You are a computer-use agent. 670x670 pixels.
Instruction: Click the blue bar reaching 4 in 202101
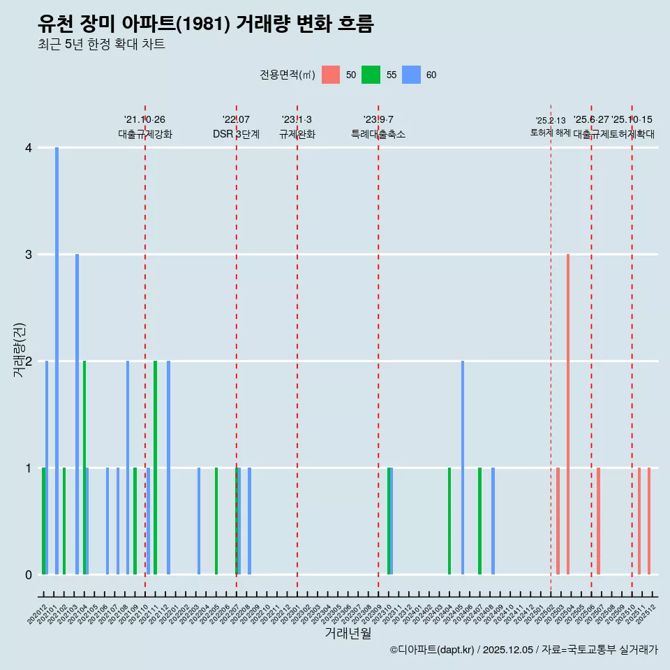tap(57, 361)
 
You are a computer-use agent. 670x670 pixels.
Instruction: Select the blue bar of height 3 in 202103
tap(77, 415)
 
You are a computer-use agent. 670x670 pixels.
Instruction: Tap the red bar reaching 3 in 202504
tap(568, 415)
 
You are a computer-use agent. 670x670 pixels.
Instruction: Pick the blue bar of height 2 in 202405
tap(462, 468)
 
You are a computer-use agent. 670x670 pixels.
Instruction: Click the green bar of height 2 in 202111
tap(155, 468)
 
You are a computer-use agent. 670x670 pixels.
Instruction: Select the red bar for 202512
tap(649, 521)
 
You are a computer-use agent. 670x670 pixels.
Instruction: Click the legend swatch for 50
tap(331, 75)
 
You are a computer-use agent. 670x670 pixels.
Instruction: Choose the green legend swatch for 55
tap(371, 75)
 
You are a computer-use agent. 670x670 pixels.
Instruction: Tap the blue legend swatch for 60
tap(412, 75)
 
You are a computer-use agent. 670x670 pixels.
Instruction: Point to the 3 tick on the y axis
tap(28, 255)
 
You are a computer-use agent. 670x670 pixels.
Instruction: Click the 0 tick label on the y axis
tap(28, 575)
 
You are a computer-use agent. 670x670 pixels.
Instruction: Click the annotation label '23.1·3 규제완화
tap(297, 127)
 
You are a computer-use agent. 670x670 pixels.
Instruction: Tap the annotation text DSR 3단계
tap(236, 135)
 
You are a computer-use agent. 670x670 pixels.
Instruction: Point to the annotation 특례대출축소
tap(378, 135)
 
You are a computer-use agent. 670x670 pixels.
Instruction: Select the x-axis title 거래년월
tap(348, 633)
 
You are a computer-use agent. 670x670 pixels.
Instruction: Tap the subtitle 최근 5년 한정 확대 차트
tap(102, 45)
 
